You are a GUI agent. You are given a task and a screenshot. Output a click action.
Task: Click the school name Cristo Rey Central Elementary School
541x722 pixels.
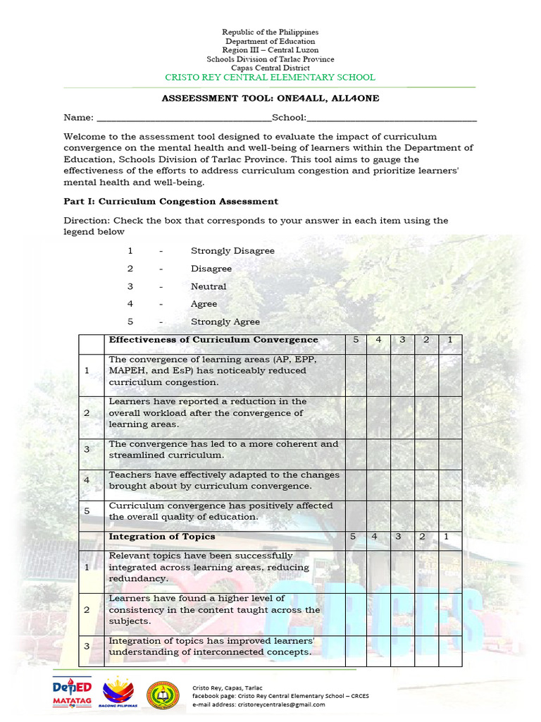(270, 78)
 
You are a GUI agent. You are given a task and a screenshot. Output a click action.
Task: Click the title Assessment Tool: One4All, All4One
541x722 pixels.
(270, 99)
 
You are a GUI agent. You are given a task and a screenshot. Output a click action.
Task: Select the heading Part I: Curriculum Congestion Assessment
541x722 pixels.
(170, 202)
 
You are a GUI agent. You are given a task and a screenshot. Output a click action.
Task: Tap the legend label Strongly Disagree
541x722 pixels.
(232, 251)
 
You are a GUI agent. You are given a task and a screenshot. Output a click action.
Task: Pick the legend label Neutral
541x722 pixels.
(209, 287)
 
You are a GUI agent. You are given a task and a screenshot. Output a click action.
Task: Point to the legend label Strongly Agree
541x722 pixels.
(225, 322)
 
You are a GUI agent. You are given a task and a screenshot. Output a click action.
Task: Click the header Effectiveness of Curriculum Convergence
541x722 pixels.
(213, 340)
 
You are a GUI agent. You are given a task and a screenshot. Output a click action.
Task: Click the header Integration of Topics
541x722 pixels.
(152, 537)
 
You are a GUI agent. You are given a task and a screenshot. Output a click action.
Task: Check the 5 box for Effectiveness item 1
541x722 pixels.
(356, 371)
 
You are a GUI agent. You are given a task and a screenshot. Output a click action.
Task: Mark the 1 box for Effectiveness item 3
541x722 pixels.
(449, 449)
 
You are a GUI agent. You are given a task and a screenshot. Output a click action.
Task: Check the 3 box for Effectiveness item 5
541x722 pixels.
(402, 511)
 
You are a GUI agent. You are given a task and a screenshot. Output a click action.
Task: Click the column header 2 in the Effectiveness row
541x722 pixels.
(426, 340)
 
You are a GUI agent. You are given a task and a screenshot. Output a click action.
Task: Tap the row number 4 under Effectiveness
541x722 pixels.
(87, 480)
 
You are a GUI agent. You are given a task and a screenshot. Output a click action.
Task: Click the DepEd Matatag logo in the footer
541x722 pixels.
(73, 692)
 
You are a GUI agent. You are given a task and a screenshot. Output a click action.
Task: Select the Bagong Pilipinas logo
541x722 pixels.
(121, 693)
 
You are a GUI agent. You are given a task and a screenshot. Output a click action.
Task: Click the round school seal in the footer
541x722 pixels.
(163, 694)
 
